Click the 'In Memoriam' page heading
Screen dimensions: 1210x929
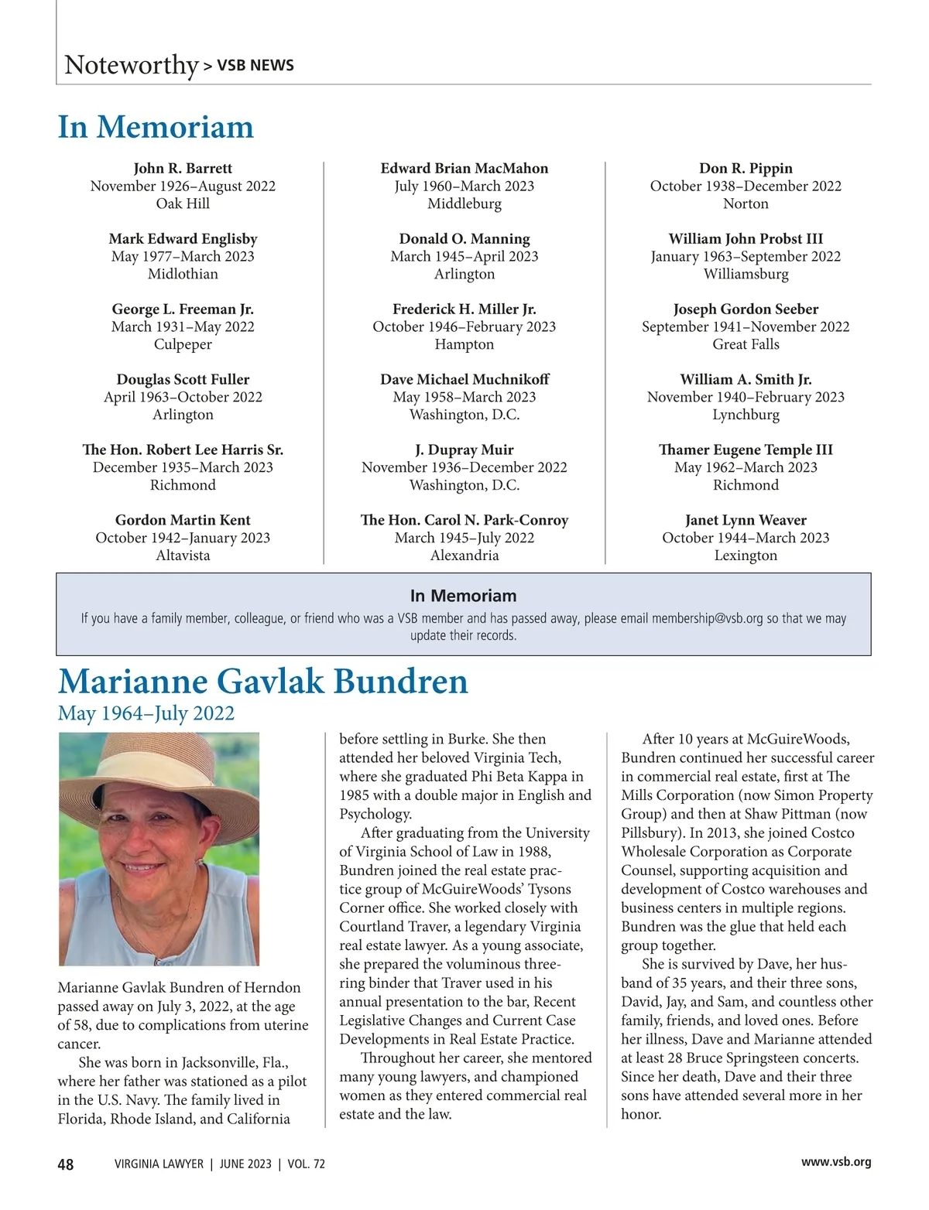(156, 127)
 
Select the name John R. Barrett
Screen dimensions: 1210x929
(183, 168)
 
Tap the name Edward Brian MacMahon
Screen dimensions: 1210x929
(464, 168)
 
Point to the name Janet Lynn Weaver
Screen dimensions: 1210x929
(746, 520)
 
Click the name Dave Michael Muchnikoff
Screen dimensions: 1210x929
(464, 379)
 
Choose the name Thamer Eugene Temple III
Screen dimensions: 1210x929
(746, 449)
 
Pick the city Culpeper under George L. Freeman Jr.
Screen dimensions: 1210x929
(183, 344)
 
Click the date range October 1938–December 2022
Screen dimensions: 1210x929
(746, 186)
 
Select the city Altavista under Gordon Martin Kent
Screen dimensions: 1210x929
(183, 555)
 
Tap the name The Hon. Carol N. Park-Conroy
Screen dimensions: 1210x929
(464, 520)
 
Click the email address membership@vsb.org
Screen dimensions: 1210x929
(707, 619)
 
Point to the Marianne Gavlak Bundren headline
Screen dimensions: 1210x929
(262, 682)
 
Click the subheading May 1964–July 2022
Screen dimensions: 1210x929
(146, 713)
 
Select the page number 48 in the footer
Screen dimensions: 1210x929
(66, 1164)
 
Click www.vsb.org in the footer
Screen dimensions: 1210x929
(836, 1162)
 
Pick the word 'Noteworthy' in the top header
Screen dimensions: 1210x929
(132, 65)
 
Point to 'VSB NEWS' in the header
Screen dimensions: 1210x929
(255, 66)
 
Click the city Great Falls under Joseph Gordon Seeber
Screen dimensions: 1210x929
(746, 344)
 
